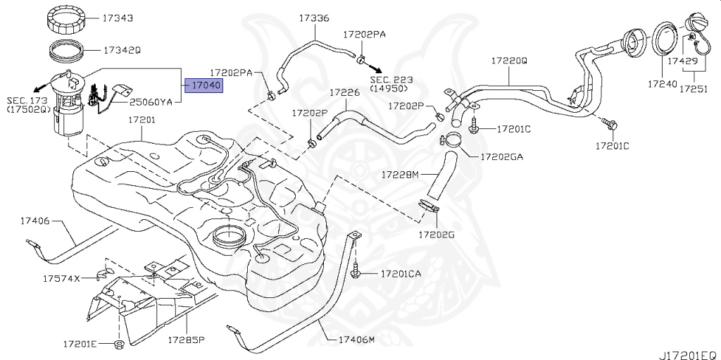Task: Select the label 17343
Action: [118, 18]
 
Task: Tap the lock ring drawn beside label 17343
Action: [70, 20]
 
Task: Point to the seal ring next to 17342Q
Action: [70, 52]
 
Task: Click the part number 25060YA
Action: [151, 101]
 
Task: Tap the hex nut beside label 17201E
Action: [118, 345]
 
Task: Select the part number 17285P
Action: [185, 340]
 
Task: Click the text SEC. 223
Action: [393, 80]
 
